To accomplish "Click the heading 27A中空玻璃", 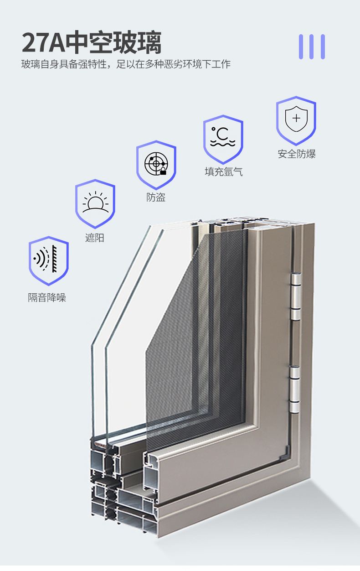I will click(92, 43).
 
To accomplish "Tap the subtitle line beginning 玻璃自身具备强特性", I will click(126, 64).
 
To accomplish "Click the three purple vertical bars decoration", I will click(312, 47).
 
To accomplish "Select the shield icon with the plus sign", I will click(296, 120).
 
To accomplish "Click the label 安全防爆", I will click(297, 154).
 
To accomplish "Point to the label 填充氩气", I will click(223, 172).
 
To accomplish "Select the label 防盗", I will click(156, 197).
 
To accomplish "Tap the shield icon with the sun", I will click(95, 203).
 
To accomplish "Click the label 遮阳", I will click(95, 238).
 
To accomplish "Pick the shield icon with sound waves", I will click(48, 260).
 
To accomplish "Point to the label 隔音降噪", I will click(47, 298).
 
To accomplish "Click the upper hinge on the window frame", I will click(296, 296).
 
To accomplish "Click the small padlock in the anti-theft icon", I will click(163, 171).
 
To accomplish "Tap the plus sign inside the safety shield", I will click(296, 118).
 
